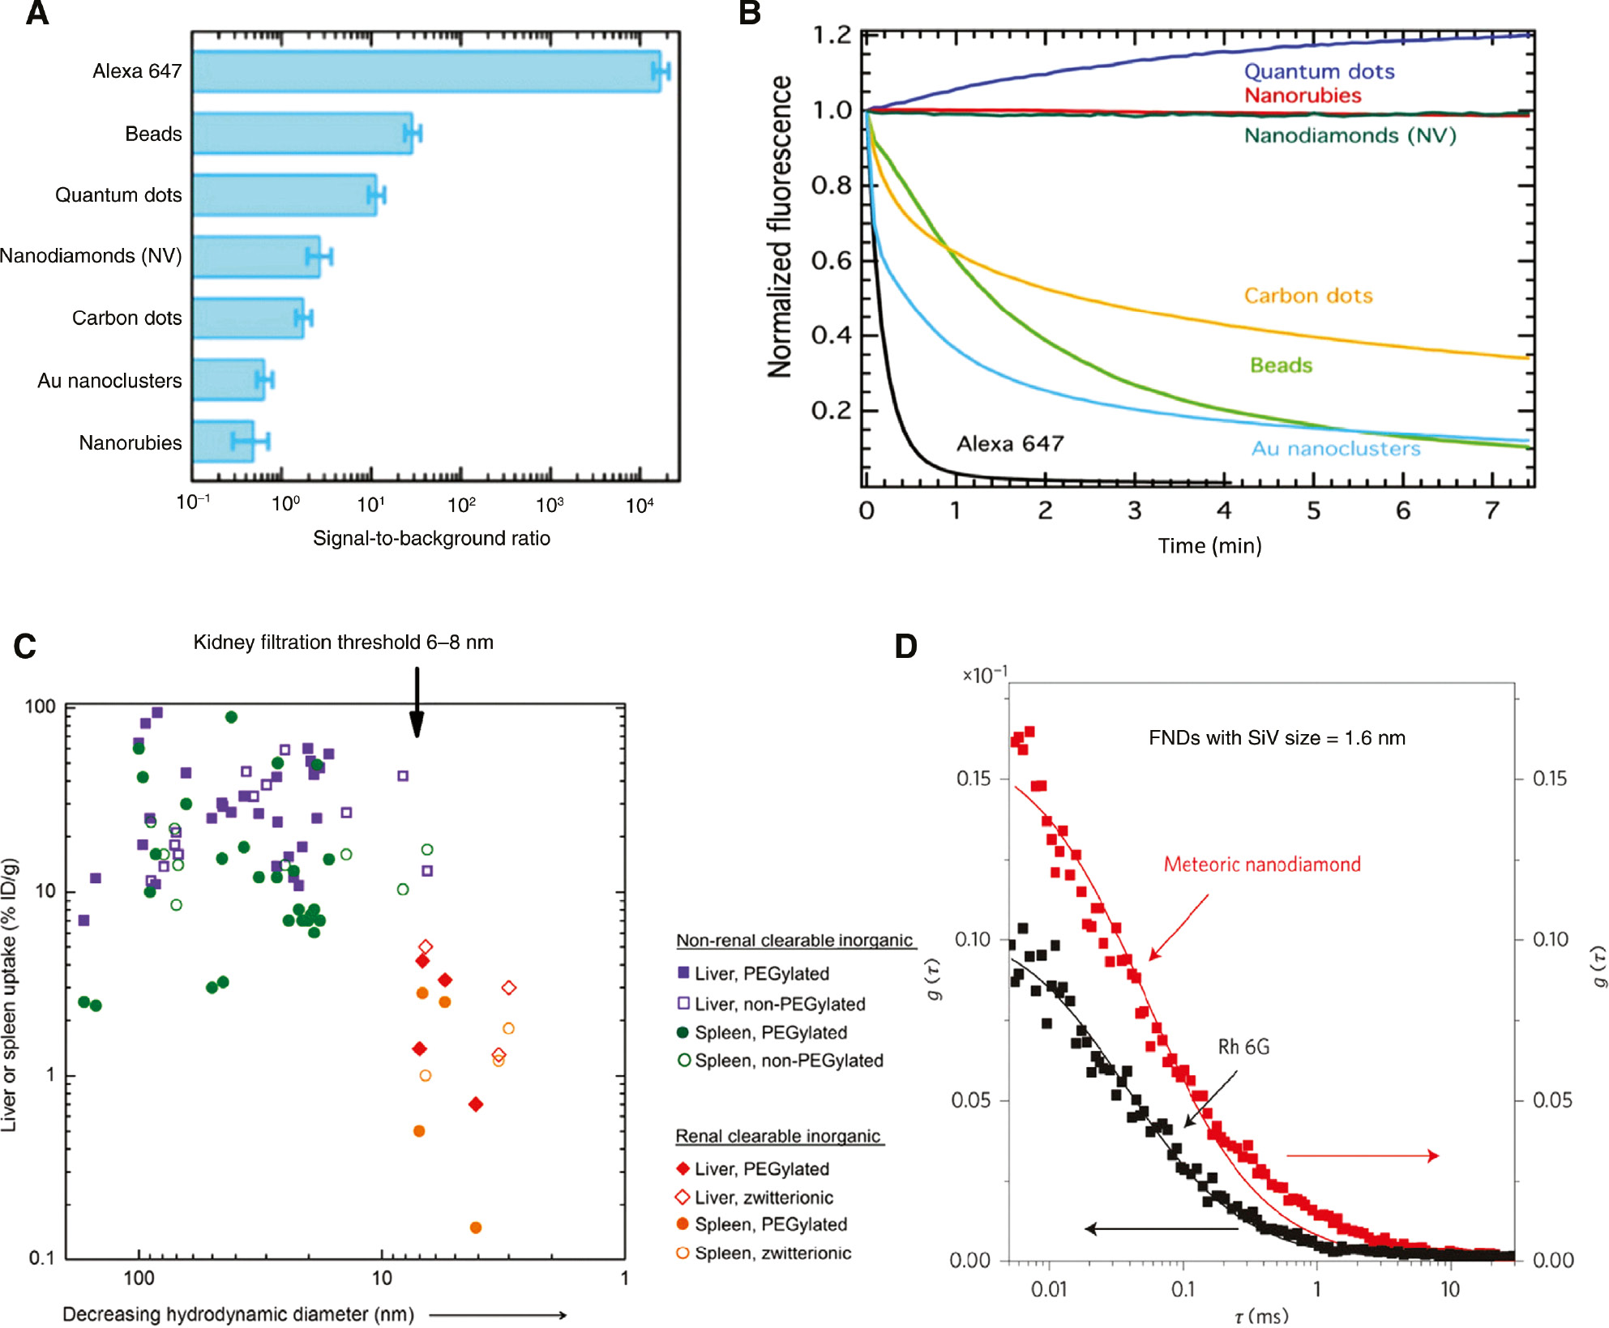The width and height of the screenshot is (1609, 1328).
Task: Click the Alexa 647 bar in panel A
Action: [x=426, y=71]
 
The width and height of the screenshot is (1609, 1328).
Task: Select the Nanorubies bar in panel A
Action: [x=224, y=442]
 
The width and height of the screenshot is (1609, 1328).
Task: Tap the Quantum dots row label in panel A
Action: [x=118, y=195]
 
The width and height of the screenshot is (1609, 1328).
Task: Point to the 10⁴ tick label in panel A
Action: [x=640, y=506]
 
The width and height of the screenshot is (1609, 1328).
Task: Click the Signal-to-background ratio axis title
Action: [x=431, y=539]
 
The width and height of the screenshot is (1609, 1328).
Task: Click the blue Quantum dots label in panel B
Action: [x=1319, y=71]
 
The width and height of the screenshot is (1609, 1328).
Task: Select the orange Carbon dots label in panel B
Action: [x=1308, y=296]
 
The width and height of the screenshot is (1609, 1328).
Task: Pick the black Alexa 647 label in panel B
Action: [x=1010, y=443]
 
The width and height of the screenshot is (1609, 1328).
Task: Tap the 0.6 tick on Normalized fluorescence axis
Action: [x=832, y=261]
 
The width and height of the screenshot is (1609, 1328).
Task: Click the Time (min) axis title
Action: [x=1209, y=546]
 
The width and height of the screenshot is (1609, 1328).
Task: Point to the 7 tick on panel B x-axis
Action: [x=1492, y=510]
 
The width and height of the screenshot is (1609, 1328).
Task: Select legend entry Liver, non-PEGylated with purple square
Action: [x=771, y=1004]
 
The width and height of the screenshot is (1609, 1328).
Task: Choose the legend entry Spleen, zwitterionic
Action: [x=764, y=1253]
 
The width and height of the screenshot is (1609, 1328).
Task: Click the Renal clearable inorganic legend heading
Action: [x=778, y=1136]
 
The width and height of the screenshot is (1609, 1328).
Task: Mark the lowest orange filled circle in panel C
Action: [x=476, y=1228]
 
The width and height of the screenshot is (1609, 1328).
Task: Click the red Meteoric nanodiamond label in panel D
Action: [x=1262, y=865]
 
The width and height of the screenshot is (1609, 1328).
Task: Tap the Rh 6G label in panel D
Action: [x=1243, y=1047]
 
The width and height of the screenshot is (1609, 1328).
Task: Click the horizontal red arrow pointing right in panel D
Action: [x=1363, y=1155]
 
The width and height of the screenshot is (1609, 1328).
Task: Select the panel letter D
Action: [x=905, y=647]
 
